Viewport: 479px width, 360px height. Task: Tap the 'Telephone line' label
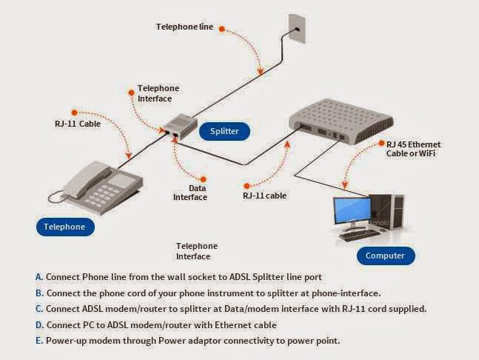click(184, 27)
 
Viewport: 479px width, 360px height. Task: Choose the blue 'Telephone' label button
click(64, 227)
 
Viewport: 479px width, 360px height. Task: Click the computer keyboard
click(364, 235)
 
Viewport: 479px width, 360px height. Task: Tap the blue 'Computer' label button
click(385, 256)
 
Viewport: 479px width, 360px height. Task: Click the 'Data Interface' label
click(190, 193)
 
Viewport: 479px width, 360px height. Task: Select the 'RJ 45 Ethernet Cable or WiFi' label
click(426, 148)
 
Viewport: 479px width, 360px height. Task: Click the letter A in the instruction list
click(38, 276)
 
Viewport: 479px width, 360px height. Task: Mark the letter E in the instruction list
click(38, 341)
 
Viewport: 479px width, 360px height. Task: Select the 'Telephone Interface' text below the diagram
click(196, 251)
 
